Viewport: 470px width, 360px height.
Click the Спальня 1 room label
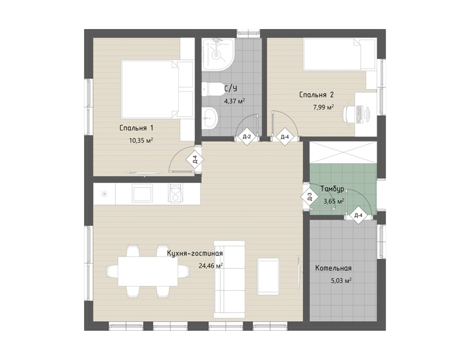(x=137, y=128)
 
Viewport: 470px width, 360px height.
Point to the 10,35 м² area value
(x=141, y=140)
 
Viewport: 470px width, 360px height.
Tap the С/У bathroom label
(x=231, y=89)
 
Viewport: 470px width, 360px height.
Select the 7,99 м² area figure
(x=323, y=107)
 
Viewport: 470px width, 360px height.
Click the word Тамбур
(x=333, y=189)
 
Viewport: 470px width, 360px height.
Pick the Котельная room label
(x=333, y=268)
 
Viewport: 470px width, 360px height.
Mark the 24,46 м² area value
(x=211, y=266)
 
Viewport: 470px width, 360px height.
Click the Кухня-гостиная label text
(x=195, y=254)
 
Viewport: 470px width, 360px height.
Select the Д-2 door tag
(x=247, y=137)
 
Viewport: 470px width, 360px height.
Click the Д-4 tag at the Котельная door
(x=358, y=215)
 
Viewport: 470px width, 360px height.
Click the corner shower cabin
(x=218, y=54)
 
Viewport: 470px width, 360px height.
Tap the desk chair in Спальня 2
(x=349, y=113)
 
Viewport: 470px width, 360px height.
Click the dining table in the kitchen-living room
(x=148, y=271)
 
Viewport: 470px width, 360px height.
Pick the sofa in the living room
(x=229, y=279)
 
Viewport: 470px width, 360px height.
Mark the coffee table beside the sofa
(x=269, y=276)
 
